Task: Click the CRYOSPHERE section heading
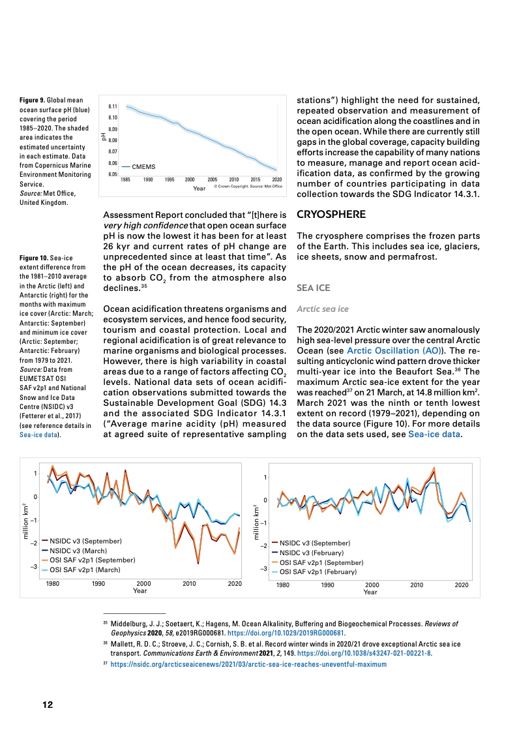click(x=332, y=214)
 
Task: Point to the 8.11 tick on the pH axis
click(x=112, y=106)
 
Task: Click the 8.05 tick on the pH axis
click(x=112, y=175)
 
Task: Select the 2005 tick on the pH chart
click(x=212, y=179)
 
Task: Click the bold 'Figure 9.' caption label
click(x=35, y=99)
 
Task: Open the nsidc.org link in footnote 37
click(x=249, y=664)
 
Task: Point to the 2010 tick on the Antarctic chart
click(x=417, y=585)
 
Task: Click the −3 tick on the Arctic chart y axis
click(x=33, y=567)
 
